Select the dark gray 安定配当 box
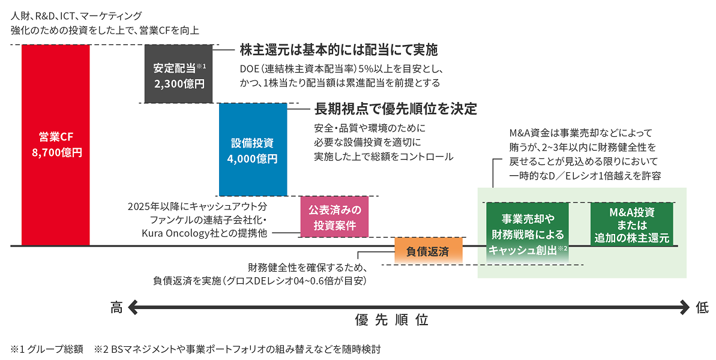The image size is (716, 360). [179, 74]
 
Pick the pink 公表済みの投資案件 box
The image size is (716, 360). [334, 217]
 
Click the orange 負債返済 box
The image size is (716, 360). [429, 251]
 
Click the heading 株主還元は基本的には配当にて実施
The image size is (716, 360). [338, 49]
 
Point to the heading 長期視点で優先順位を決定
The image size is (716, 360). [396, 109]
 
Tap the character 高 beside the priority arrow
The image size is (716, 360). [116, 308]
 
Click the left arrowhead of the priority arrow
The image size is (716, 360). [133, 308]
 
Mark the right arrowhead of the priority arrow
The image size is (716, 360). [685, 308]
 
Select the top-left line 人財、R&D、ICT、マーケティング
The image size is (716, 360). [76, 15]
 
